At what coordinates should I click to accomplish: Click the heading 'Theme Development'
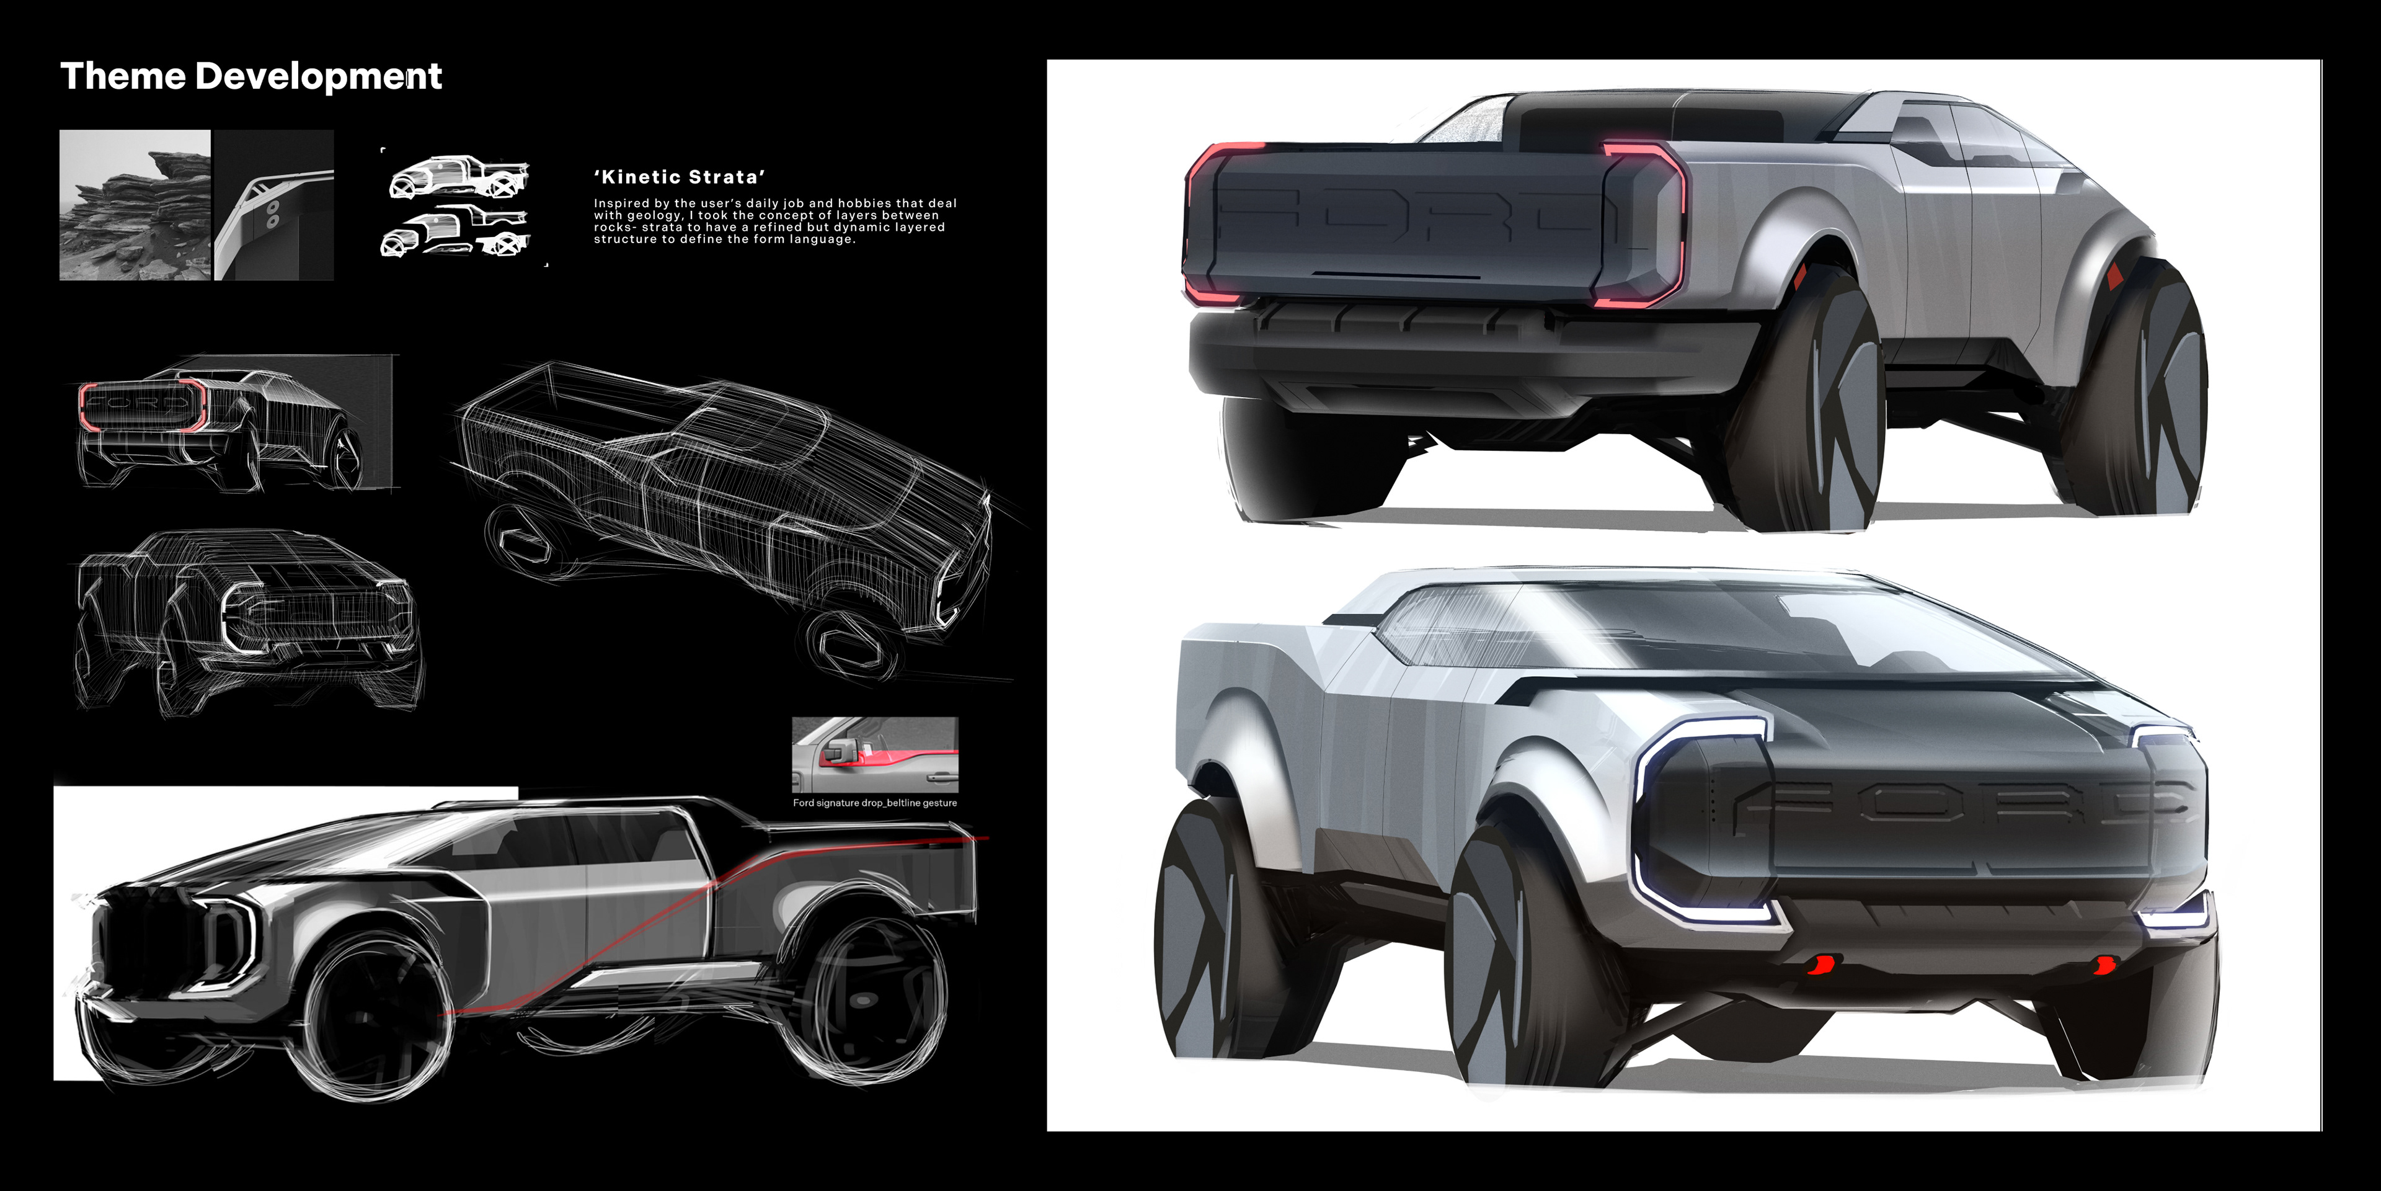click(x=251, y=76)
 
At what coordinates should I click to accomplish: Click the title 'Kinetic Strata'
click(x=680, y=177)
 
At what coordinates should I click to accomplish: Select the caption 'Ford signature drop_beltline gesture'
click(x=874, y=803)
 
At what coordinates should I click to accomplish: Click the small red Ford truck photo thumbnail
click(x=874, y=754)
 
